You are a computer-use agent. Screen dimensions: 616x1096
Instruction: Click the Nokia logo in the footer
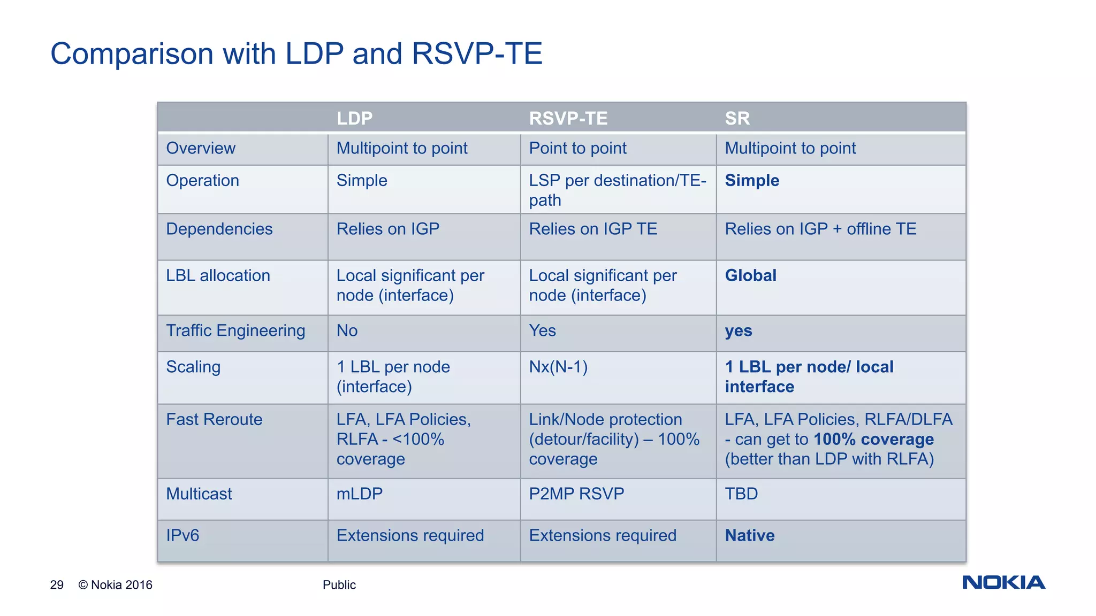click(x=1003, y=582)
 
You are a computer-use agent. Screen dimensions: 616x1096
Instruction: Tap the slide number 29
click(x=57, y=585)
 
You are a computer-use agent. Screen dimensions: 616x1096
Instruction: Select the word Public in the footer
click(x=339, y=585)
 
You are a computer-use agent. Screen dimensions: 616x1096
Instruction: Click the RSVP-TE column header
click(x=568, y=118)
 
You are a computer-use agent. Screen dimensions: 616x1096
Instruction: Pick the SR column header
click(x=737, y=118)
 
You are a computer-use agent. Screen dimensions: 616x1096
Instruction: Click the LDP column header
click(x=354, y=118)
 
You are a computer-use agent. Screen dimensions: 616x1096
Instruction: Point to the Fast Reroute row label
click(x=214, y=419)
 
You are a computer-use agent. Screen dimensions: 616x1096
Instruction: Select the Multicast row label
click(x=199, y=494)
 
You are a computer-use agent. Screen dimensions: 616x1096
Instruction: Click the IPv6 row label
click(x=182, y=535)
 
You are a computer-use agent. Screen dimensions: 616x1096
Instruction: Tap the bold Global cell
click(x=750, y=275)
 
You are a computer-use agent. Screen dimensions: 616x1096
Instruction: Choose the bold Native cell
click(x=749, y=535)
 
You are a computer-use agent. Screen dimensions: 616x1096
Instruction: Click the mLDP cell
click(x=359, y=494)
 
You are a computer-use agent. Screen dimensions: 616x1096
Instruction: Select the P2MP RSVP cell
click(x=576, y=494)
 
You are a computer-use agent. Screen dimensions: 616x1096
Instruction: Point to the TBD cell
click(x=741, y=494)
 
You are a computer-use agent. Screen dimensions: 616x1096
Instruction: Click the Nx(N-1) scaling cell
click(x=558, y=367)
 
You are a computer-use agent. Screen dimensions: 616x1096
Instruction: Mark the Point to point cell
click(x=577, y=148)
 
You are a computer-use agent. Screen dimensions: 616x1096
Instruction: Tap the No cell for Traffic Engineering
click(x=347, y=330)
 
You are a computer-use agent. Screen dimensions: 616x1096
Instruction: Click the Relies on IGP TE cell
click(x=593, y=229)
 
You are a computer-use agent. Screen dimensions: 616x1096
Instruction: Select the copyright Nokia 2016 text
click(x=116, y=585)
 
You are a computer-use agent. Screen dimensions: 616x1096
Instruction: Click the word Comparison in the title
click(x=132, y=54)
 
